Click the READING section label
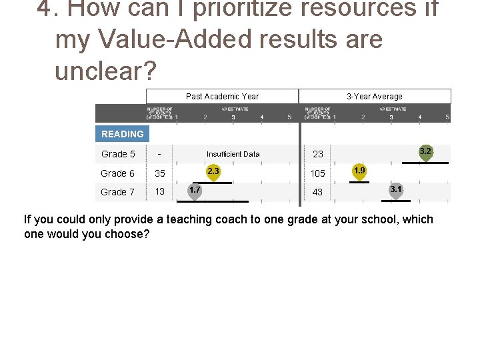[x=122, y=134]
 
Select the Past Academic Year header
[x=222, y=96]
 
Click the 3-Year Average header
[x=375, y=96]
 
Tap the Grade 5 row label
[x=118, y=154]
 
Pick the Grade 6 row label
[x=118, y=173]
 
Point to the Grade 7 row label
[x=118, y=192]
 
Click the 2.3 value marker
[x=213, y=172]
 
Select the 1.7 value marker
[x=195, y=191]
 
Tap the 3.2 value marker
[x=425, y=152]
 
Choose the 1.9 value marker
[x=359, y=172]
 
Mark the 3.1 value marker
[x=395, y=191]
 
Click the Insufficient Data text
[x=233, y=154]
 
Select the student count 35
[x=160, y=173]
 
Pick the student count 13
[x=160, y=192]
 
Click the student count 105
[x=318, y=173]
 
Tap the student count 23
[x=318, y=154]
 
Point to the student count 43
[x=318, y=192]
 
